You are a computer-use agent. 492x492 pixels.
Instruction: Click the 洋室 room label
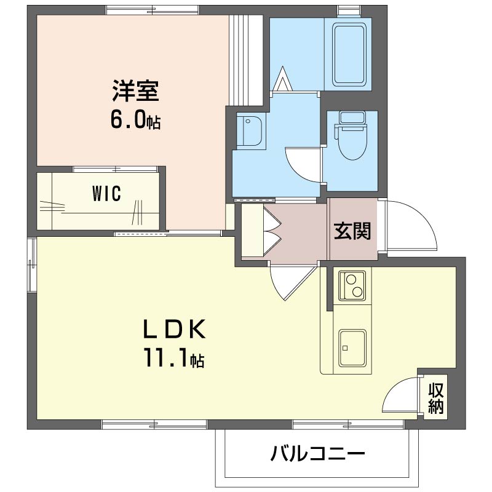pos(135,90)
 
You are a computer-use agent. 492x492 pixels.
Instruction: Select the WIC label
pos(106,193)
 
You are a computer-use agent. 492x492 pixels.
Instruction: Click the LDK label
pos(175,328)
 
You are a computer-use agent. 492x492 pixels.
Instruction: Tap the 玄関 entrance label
pos(352,231)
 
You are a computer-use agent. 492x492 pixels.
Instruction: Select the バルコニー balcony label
pos(317,453)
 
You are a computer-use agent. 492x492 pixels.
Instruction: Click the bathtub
pos(349,55)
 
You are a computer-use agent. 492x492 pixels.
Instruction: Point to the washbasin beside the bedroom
pos(249,131)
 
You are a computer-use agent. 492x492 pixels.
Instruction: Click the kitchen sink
pos(352,348)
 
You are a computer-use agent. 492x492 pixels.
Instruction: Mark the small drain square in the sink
pos(345,347)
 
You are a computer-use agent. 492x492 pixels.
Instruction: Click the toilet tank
pos(352,117)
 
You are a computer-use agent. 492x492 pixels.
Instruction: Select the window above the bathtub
pos(349,11)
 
